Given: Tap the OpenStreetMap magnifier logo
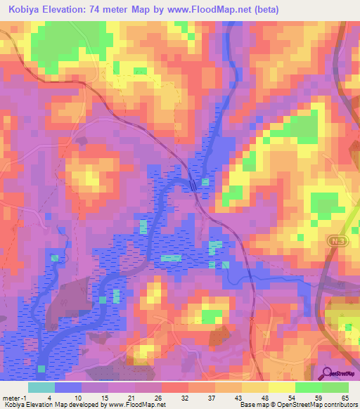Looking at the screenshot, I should click(326, 373).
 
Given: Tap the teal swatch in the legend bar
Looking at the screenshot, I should click(41, 387).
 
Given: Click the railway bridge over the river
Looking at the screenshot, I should click(193, 184).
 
